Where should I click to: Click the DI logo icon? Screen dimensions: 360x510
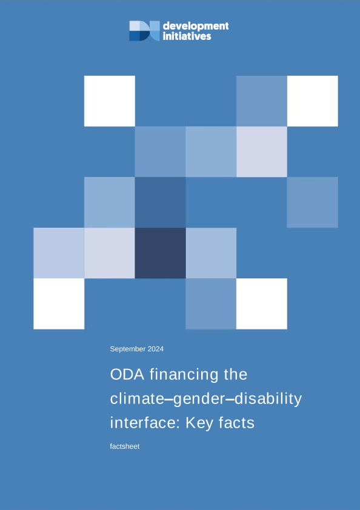(144, 31)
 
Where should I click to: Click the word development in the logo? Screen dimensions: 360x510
(196, 26)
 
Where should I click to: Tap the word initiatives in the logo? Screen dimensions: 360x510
(187, 36)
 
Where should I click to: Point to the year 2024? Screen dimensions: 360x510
(156, 349)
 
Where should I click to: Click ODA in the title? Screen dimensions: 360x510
(127, 374)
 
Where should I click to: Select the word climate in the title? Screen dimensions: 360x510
(139, 399)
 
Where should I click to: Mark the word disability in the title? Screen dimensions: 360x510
(268, 399)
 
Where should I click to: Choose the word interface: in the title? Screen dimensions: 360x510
(145, 423)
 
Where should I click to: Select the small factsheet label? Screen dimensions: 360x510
(125, 446)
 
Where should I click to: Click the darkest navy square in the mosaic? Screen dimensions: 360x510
(160, 253)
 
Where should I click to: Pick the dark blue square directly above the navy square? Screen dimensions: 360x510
(160, 202)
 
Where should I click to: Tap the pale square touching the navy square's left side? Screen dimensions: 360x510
(109, 253)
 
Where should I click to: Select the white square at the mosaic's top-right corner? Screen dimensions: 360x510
(313, 101)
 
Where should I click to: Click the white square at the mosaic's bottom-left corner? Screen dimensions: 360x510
(59, 304)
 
